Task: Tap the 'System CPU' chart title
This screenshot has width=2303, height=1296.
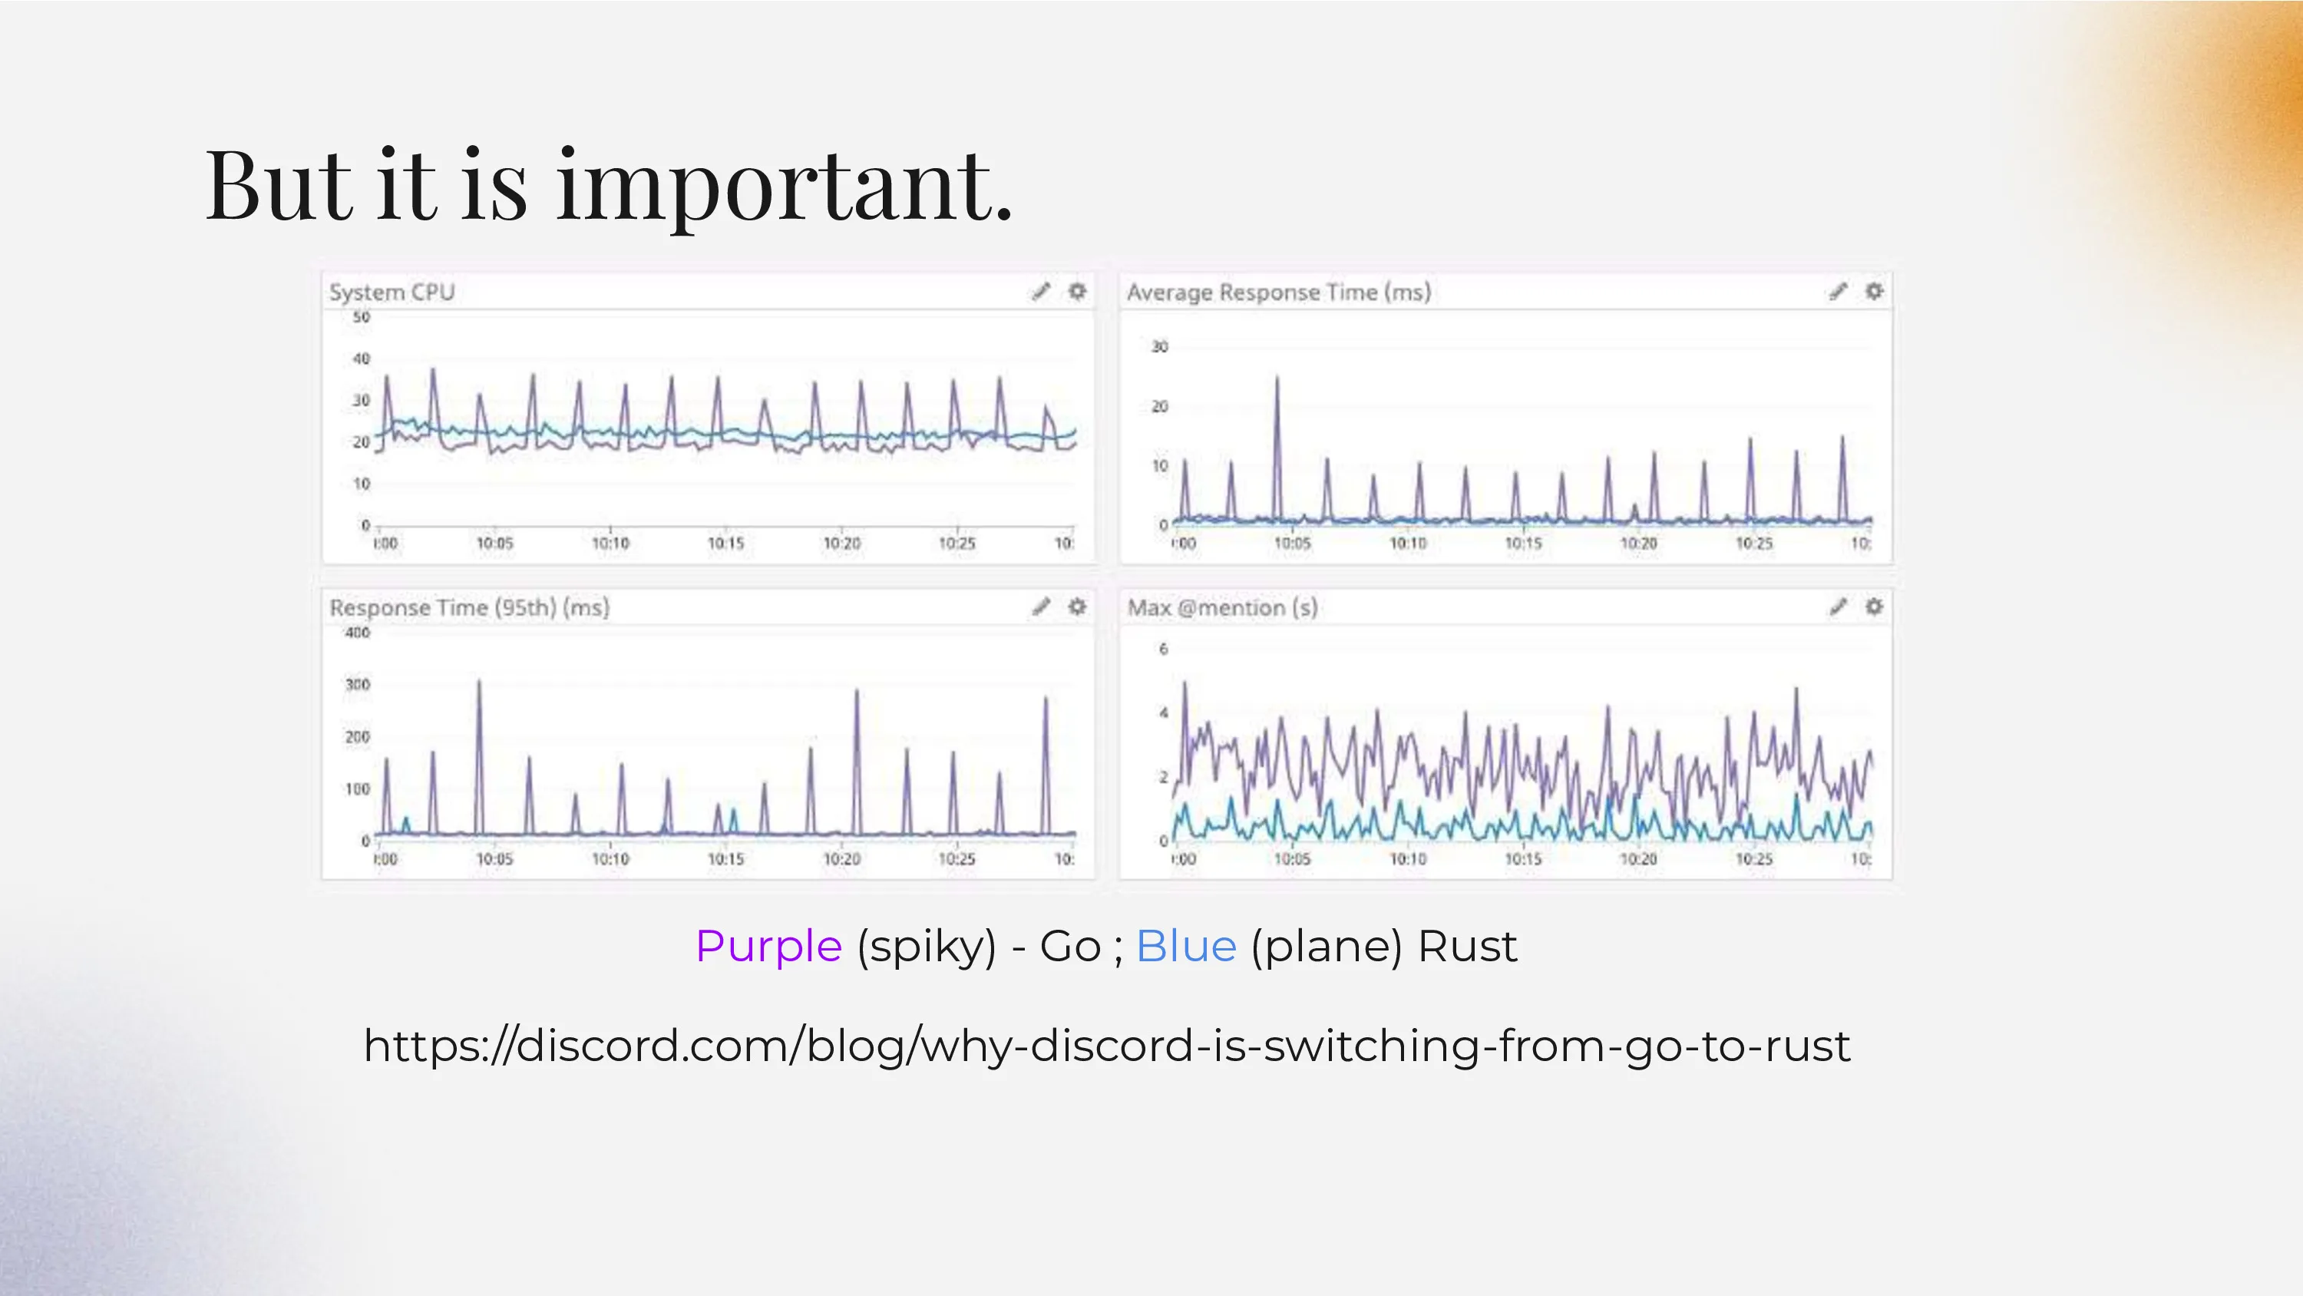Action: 392,293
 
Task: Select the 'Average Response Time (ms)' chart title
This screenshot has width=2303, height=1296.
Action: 1278,293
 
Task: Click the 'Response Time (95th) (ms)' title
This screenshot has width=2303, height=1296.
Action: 469,608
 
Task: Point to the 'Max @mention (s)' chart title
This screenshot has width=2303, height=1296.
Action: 1222,608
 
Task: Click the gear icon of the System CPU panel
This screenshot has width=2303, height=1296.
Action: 1077,292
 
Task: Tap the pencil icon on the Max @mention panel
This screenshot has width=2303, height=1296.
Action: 1838,607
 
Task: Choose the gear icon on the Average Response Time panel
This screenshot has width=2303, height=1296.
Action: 1874,292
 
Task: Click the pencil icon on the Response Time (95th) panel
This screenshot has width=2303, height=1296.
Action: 1042,607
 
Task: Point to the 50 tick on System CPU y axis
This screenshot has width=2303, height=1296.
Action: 361,316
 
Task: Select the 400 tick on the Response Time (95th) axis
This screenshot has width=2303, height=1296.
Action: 358,633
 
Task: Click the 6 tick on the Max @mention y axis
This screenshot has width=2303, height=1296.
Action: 1163,649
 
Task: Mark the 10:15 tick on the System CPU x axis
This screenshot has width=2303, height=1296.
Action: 726,544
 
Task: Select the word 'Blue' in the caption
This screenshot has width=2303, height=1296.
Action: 1186,947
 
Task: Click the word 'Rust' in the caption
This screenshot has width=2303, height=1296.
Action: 1467,947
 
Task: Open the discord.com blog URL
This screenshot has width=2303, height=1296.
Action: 1107,1046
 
